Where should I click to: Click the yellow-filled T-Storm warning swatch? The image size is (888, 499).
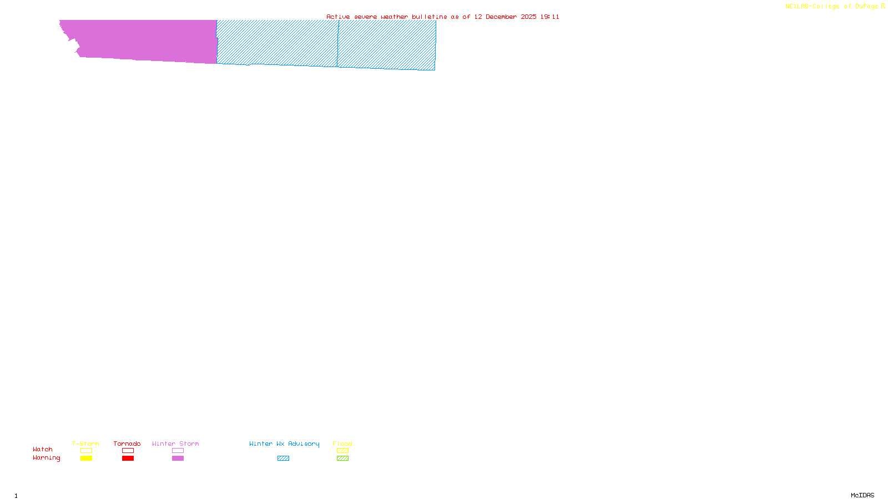point(86,459)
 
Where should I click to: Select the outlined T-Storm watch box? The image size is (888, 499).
point(86,451)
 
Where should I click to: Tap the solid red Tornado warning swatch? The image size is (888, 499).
point(128,459)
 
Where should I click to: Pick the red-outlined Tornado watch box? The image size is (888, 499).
point(128,451)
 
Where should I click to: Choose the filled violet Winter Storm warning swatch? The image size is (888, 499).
point(178,459)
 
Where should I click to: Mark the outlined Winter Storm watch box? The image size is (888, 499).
point(178,451)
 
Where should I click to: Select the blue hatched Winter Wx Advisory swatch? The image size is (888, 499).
point(283,459)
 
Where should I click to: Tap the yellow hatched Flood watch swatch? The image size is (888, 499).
point(342,451)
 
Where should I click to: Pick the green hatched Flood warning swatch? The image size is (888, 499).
point(342,459)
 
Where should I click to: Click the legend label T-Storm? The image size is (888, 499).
point(85,444)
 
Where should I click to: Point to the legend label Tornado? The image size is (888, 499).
point(127,444)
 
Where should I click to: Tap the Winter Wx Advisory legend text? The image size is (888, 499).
point(284,444)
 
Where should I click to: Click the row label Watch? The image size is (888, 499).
point(43,450)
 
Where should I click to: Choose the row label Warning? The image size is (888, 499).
point(46,458)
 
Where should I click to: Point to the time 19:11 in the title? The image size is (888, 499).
point(549,17)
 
